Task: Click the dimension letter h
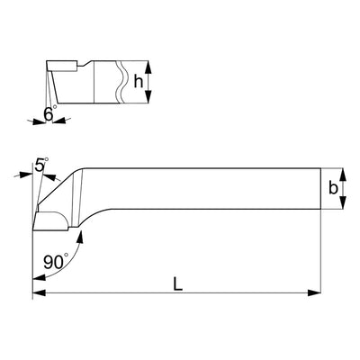[x=139, y=81]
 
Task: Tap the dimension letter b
[x=333, y=188]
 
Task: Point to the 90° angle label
[x=56, y=262]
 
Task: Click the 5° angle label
[x=41, y=165]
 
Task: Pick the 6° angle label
[x=50, y=113]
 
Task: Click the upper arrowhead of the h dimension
[x=148, y=67]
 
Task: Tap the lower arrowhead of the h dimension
[x=148, y=96]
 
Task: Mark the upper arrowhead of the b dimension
[x=344, y=175]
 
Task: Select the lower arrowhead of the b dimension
[x=344, y=202]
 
